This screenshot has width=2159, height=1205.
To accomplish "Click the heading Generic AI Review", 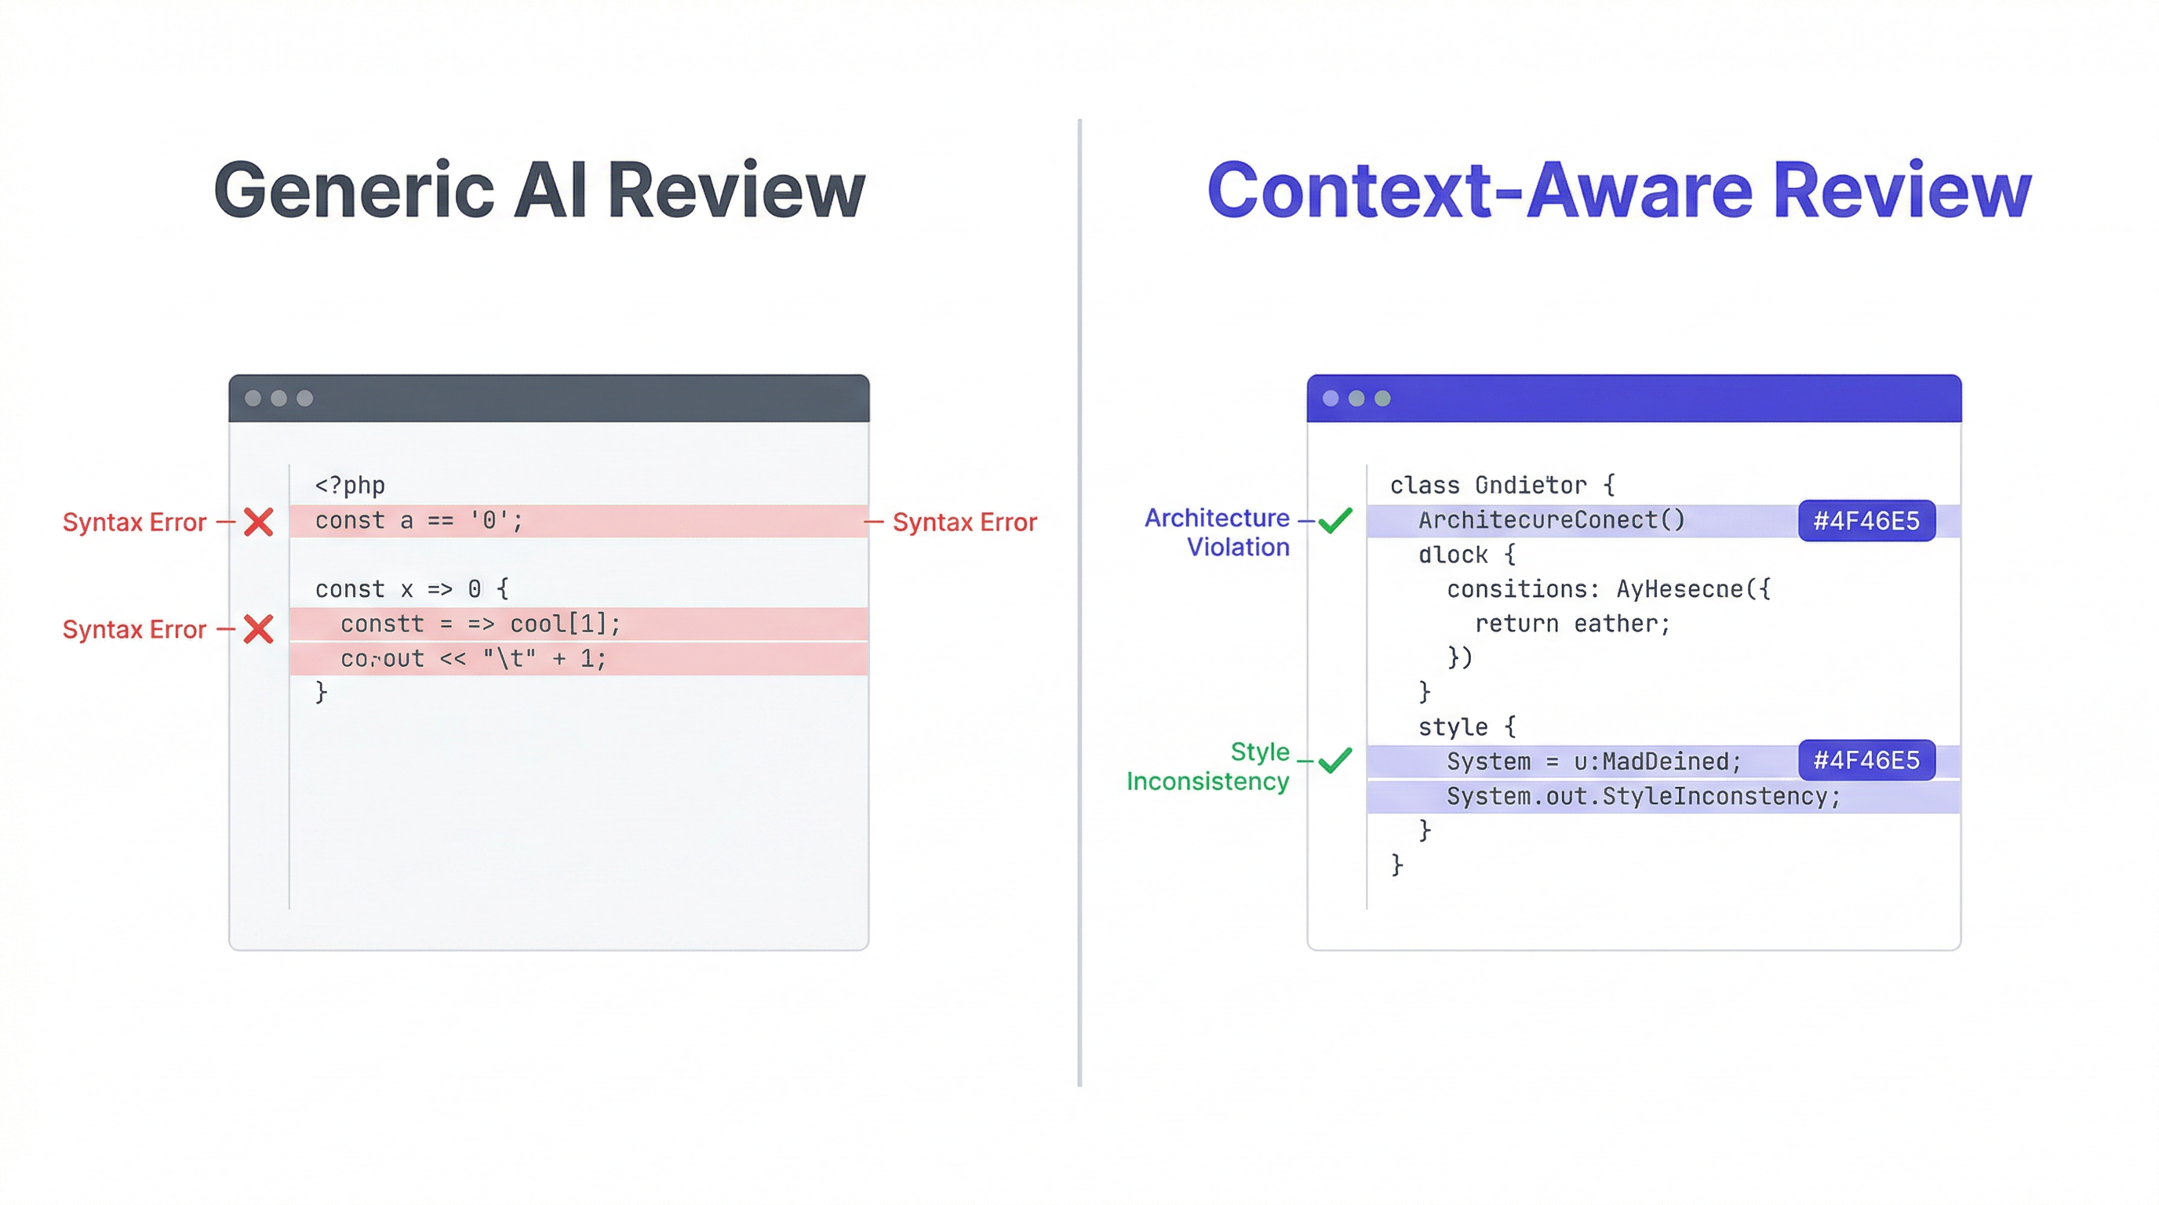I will [x=539, y=191].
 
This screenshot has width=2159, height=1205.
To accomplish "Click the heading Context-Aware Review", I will [x=1618, y=191].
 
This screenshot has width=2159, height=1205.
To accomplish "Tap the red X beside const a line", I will [x=258, y=522].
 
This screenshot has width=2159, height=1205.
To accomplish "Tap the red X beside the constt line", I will [x=258, y=628].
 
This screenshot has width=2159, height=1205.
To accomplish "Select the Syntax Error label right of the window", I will [x=964, y=522].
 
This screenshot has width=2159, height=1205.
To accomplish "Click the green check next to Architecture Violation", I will [x=1334, y=520].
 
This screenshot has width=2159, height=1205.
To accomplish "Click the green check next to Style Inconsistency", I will [x=1334, y=760].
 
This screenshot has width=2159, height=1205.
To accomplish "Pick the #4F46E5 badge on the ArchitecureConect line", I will [x=1866, y=521].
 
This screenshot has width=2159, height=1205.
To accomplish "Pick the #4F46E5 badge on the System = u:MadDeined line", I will [x=1866, y=760].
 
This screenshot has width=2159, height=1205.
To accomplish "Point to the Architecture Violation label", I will [x=1217, y=532].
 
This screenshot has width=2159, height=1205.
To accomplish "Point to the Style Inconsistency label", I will [x=1209, y=766].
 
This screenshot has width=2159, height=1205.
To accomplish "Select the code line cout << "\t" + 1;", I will [x=473, y=659].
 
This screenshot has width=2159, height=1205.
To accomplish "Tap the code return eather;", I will [x=1571, y=624].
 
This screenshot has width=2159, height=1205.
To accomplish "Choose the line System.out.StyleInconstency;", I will [x=1643, y=796].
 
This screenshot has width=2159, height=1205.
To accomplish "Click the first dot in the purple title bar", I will [x=1330, y=398].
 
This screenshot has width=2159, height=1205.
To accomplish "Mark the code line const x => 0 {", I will [x=412, y=589].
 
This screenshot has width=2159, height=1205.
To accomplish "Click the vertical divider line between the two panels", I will [x=1079, y=603].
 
